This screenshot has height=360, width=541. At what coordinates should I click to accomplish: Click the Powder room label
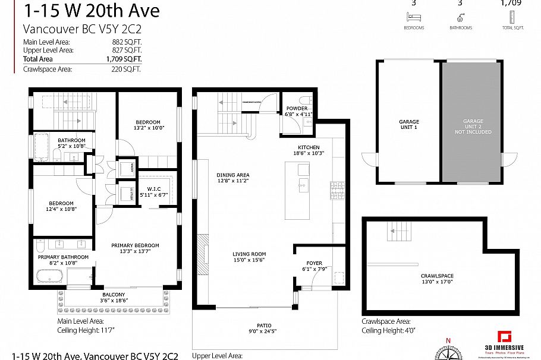click(x=297, y=111)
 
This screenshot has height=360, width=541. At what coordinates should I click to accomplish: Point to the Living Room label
click(x=249, y=257)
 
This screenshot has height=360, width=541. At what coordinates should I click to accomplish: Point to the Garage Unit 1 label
click(x=408, y=125)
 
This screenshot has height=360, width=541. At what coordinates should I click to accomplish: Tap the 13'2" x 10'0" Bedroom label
click(x=147, y=125)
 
